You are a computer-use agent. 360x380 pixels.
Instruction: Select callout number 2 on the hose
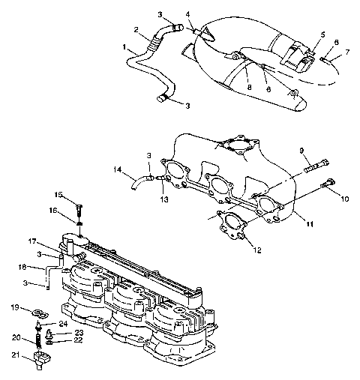pyautogui.click(x=136, y=30)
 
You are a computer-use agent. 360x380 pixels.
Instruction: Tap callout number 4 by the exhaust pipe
pyautogui.click(x=188, y=13)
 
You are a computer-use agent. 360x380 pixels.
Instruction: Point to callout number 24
pyautogui.click(x=43, y=324)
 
